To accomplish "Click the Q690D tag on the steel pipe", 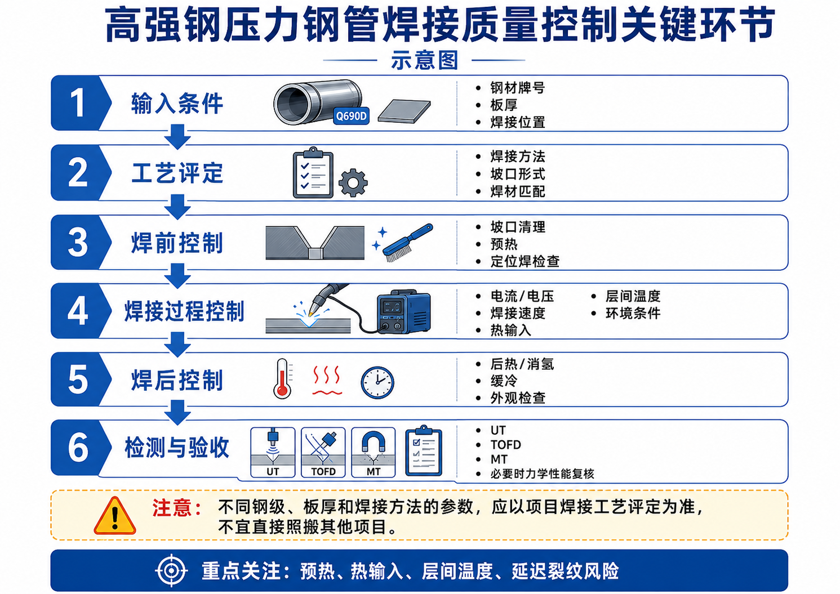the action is coord(351,116).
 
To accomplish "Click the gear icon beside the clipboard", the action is coord(353,183).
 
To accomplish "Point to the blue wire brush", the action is coord(408,243).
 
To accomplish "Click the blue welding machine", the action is coord(403,311).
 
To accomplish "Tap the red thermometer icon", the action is coord(283,378).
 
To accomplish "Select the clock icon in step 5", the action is coord(377,383).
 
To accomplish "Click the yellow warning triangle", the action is coord(115,516).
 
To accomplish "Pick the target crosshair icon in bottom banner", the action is coord(171,570).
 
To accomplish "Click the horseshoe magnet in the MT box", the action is coord(374,441).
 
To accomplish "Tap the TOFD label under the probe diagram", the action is coord(323,471).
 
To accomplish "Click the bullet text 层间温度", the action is coord(633,296).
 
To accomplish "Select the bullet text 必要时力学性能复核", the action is coord(542,474).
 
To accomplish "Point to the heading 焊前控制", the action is coord(177,243).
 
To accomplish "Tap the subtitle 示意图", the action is coord(424,60).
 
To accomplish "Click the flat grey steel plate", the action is coord(405,111).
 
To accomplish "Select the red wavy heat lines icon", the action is coord(327,380).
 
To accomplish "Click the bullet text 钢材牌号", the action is coord(518,88).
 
